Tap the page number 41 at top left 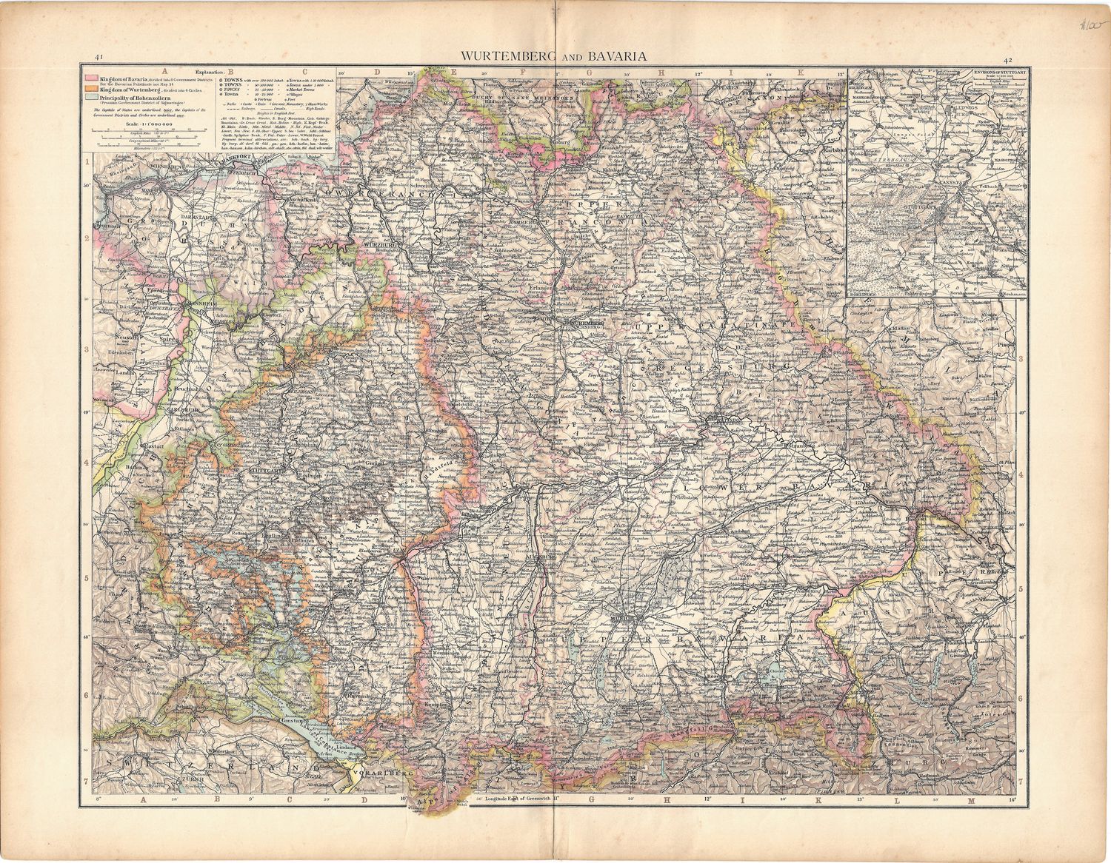(98, 57)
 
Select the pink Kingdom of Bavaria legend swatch (89, 78)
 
